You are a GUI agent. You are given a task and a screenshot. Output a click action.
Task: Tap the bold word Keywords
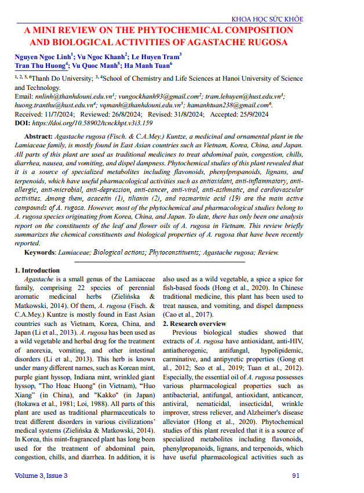39,252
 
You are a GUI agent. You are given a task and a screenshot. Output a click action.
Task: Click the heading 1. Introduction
37,270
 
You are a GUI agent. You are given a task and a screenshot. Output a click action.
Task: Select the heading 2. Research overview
194,323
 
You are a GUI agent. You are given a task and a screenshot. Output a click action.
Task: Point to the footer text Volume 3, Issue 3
41,476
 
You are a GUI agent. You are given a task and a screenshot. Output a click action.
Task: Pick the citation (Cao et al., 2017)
184,314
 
